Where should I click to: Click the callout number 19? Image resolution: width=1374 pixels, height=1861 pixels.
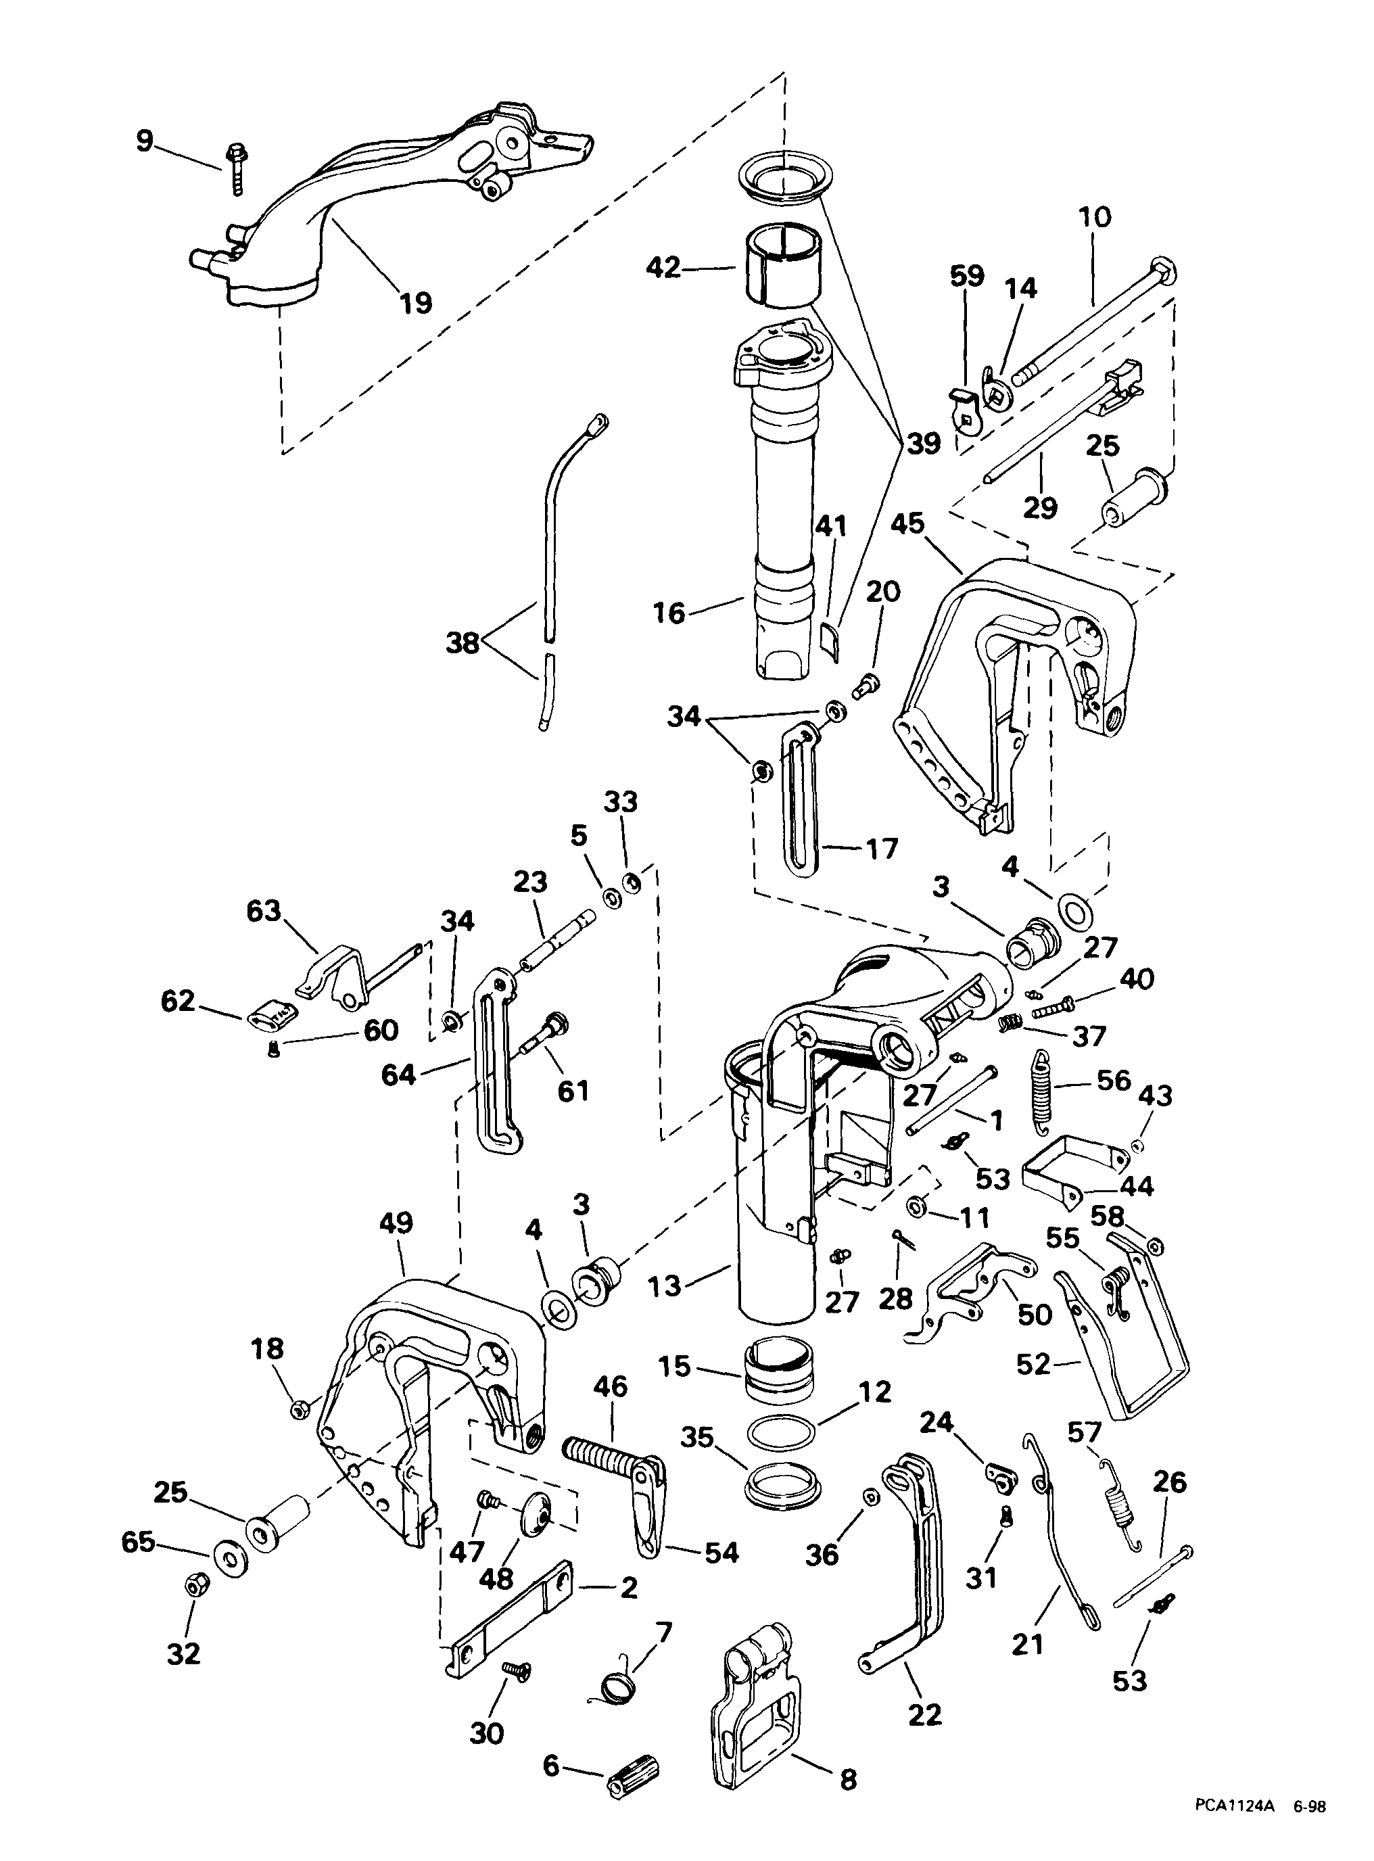pos(416,303)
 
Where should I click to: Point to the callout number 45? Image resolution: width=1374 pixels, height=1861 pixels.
pos(907,525)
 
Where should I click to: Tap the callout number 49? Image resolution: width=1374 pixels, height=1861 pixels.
pos(396,1223)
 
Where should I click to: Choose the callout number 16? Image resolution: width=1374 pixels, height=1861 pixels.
pos(669,613)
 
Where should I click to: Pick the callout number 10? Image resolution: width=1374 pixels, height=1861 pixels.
pos(1095,218)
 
